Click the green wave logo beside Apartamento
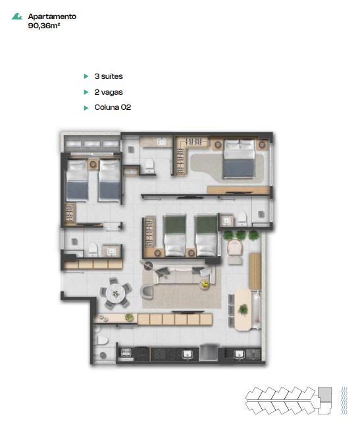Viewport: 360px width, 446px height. [x=17, y=16]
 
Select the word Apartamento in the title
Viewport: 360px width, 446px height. [x=52, y=16]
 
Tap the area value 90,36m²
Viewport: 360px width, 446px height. [x=44, y=26]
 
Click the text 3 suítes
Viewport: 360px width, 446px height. [x=109, y=76]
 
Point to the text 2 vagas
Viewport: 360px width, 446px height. [x=109, y=92]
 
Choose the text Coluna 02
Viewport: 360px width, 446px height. [x=113, y=107]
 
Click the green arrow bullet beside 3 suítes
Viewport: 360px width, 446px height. [x=86, y=76]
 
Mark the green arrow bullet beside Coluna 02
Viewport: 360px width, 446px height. [x=86, y=108]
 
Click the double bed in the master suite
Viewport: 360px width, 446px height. [x=238, y=159]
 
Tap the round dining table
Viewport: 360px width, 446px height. [x=116, y=293]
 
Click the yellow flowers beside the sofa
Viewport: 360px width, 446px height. [x=205, y=284]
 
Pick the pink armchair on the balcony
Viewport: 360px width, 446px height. [x=235, y=247]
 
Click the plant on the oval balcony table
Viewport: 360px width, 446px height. [x=243, y=309]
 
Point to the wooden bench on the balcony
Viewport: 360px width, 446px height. [x=255, y=271]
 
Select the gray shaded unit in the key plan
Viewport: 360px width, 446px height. [x=324, y=394]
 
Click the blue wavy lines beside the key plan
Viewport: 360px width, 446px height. [x=344, y=400]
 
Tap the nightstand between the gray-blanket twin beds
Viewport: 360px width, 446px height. [x=93, y=164]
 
